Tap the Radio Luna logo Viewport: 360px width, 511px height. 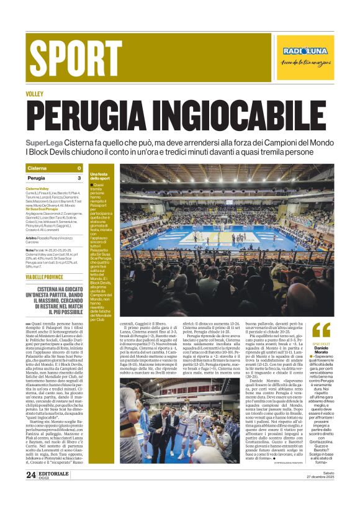[305, 52]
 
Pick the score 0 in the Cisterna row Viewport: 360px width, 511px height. [79, 168]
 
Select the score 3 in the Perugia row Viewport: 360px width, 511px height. [79, 178]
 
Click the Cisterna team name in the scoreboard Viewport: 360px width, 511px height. [37, 168]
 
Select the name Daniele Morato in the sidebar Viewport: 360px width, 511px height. [321, 352]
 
